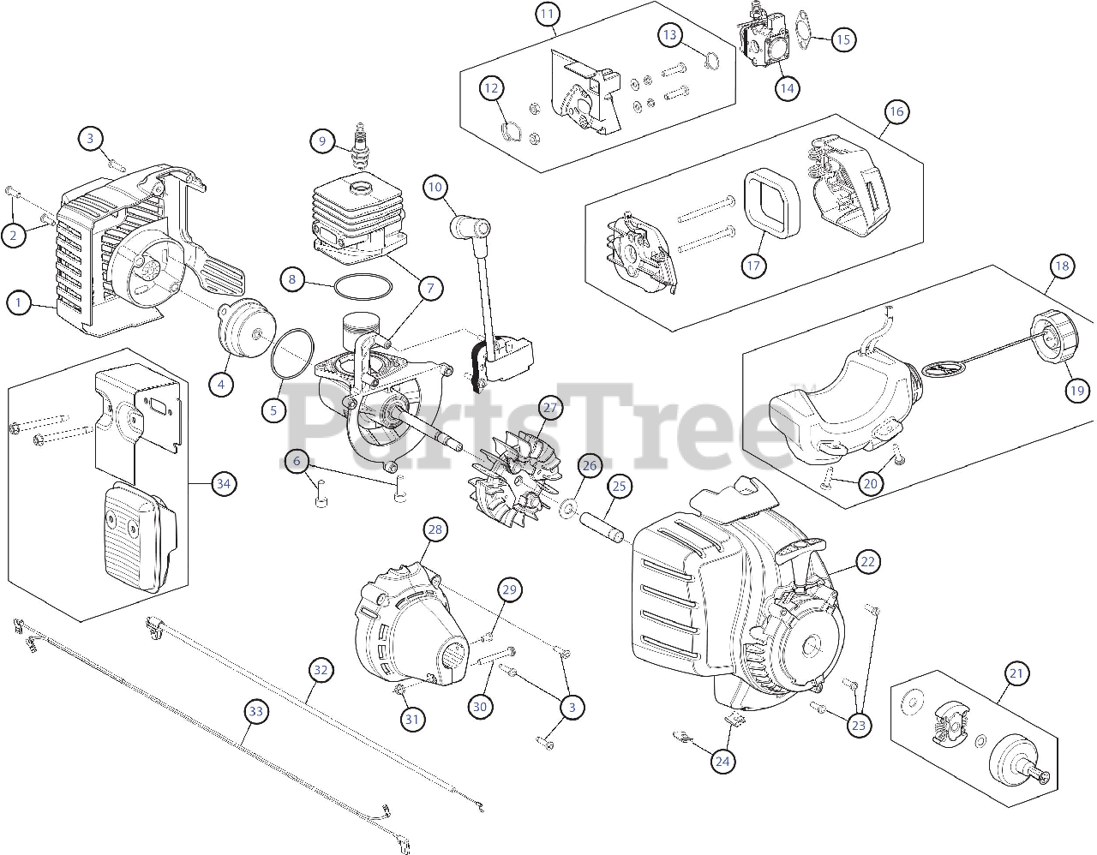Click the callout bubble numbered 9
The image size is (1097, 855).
(x=322, y=140)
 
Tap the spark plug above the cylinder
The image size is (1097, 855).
(x=363, y=145)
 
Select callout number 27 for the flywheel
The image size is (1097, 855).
(x=549, y=408)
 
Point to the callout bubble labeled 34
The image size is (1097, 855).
(x=224, y=484)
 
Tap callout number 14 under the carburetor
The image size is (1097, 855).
(x=787, y=87)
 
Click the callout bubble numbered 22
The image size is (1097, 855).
(x=868, y=562)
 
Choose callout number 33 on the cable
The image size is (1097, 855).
(x=255, y=710)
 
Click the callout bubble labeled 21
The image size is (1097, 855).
(x=1016, y=674)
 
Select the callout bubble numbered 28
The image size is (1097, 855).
(x=435, y=530)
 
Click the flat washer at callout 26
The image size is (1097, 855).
(x=567, y=511)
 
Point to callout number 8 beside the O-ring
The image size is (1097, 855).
(x=292, y=278)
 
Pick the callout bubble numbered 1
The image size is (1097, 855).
(x=18, y=302)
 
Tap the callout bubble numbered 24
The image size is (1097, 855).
(x=722, y=760)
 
